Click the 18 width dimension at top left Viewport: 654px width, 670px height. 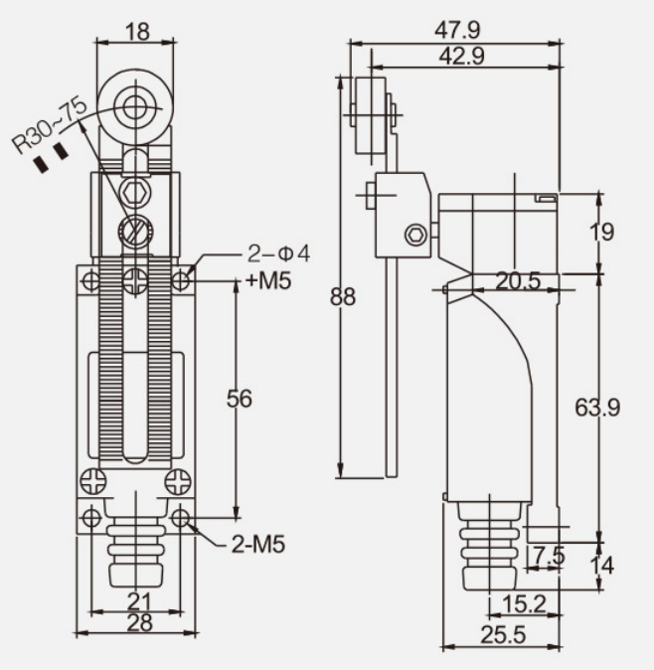coord(136,31)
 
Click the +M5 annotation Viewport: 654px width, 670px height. coord(268,281)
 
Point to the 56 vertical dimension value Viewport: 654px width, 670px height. coord(239,399)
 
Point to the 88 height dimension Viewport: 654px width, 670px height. coord(344,298)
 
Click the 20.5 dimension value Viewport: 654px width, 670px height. coord(518,281)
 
